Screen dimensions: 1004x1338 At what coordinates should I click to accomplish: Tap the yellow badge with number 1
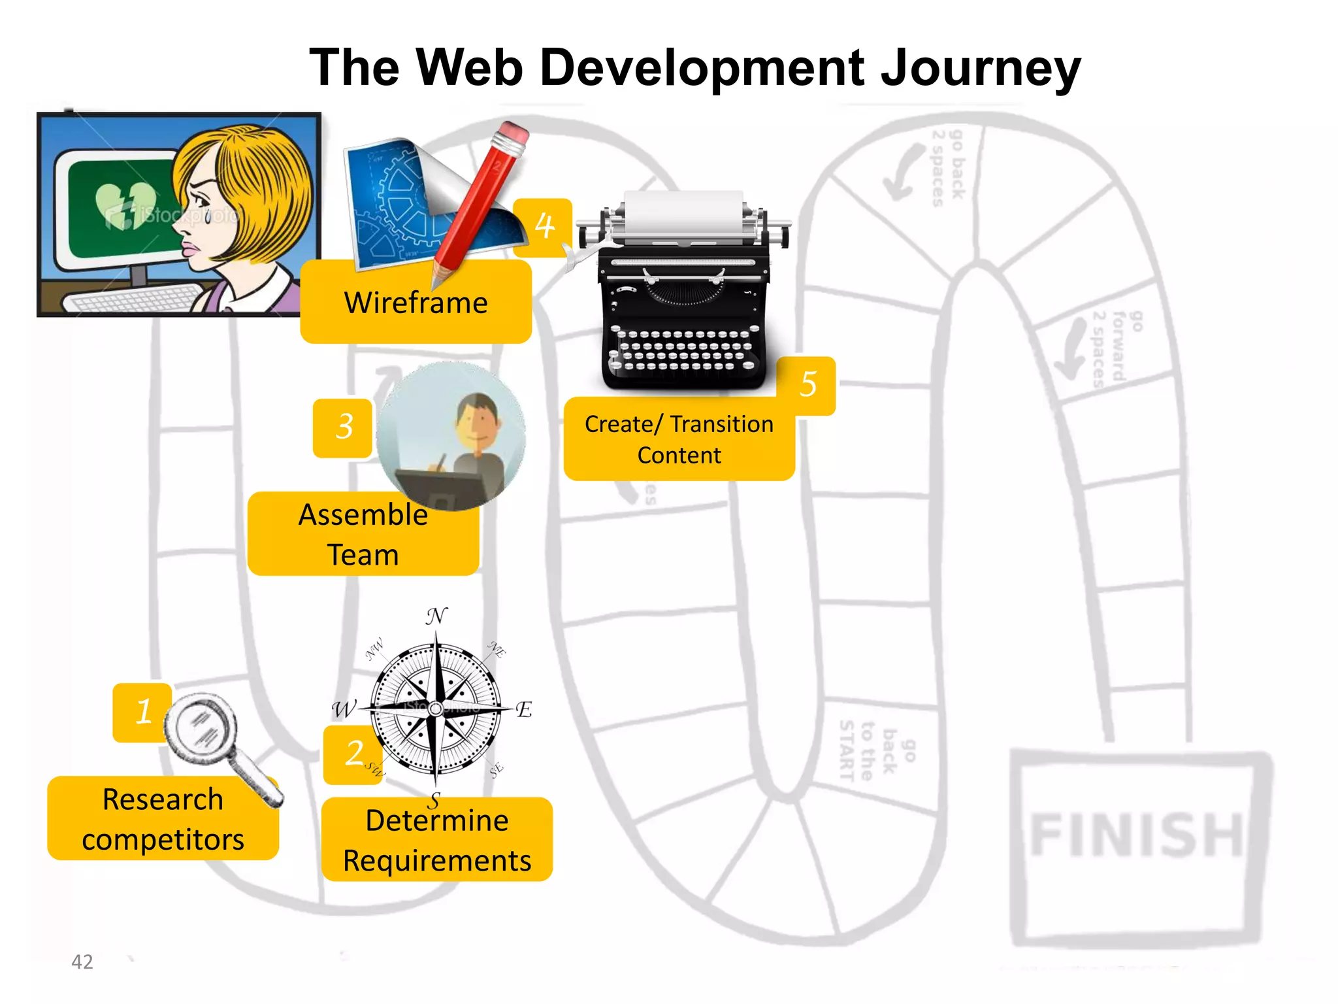tap(142, 712)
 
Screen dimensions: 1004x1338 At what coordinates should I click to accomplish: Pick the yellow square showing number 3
tap(343, 427)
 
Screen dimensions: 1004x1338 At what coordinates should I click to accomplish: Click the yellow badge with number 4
tap(544, 226)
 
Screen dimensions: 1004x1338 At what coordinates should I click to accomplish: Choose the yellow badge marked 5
tap(808, 384)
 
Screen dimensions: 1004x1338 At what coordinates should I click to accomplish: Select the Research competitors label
tap(163, 818)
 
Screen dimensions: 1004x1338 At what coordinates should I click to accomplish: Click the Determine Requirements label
tap(436, 840)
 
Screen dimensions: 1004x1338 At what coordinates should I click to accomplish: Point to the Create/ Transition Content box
tap(679, 439)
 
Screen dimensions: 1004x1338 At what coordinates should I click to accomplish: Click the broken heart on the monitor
tap(126, 205)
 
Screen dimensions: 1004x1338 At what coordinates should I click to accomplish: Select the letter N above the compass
tap(436, 616)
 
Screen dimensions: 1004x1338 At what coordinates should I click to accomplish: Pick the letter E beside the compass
tap(523, 709)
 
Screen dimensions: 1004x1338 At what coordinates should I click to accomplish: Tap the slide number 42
tap(82, 962)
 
